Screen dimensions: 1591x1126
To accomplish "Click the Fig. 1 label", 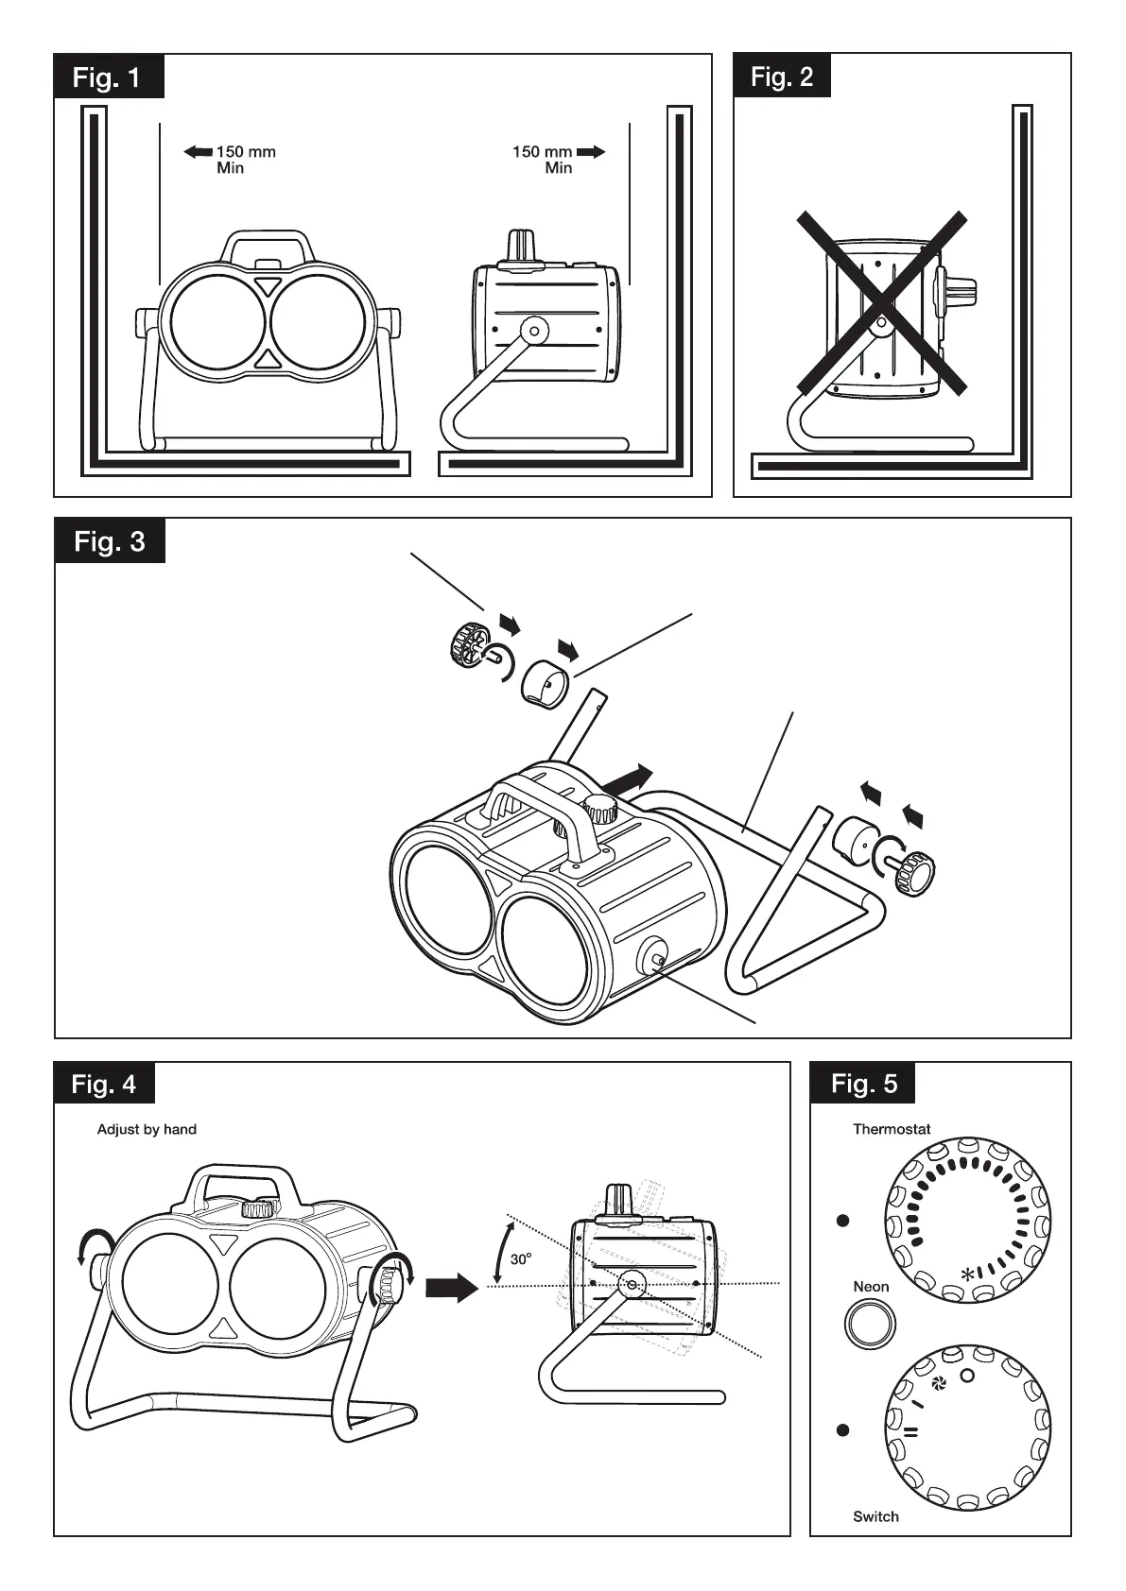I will click(108, 77).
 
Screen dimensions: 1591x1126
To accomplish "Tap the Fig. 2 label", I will click(782, 77).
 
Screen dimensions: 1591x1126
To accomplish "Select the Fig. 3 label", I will click(110, 541).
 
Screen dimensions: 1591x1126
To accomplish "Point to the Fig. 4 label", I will click(104, 1084).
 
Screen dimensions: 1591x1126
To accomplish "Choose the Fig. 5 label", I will click(864, 1084).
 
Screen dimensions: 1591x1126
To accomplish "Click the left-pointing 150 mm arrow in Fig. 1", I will click(198, 151).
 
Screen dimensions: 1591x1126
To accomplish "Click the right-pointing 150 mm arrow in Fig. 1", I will click(591, 151).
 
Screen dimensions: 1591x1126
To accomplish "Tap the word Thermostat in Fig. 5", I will click(892, 1129).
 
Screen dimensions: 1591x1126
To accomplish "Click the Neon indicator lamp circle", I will click(870, 1324).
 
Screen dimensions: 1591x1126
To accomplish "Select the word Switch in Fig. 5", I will click(875, 1516).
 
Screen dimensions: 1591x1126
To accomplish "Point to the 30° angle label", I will click(521, 1259).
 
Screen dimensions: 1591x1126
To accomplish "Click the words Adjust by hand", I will click(147, 1129).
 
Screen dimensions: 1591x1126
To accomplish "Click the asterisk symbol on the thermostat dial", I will click(967, 1275).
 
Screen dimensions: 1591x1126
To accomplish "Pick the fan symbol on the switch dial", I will click(939, 1384).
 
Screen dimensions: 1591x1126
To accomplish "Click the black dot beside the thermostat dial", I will click(843, 1221).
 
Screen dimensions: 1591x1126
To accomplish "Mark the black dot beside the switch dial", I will click(843, 1430).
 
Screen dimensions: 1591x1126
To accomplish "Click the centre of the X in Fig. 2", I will click(881, 303).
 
